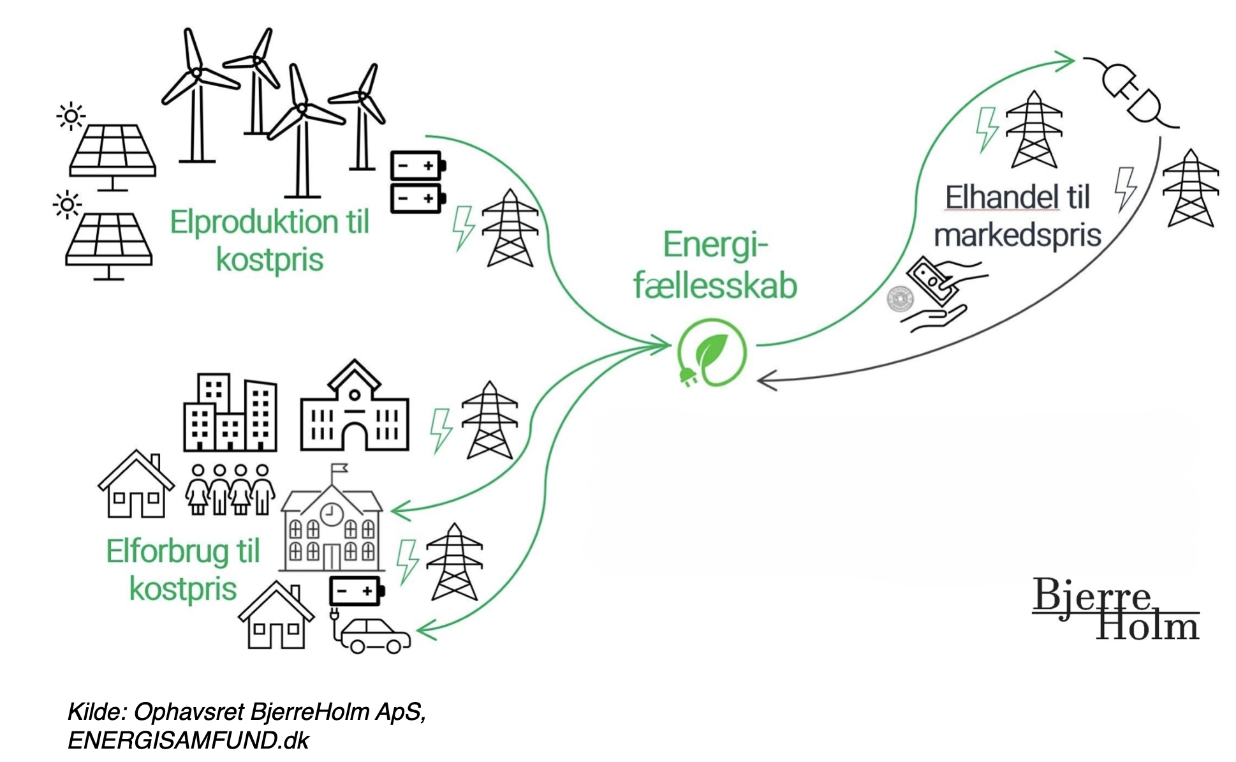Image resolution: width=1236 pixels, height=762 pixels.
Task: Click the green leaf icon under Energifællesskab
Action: click(x=712, y=353)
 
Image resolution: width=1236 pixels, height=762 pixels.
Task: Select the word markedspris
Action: click(x=1017, y=234)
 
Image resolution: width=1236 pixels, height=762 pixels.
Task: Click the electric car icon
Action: click(x=374, y=635)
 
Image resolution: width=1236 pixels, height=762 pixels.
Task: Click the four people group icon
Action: click(x=230, y=489)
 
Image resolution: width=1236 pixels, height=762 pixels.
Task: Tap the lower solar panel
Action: click(x=109, y=241)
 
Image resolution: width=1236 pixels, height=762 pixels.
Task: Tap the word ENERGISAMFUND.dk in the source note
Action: click(x=188, y=740)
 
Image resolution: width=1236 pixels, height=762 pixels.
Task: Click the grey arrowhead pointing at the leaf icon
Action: click(x=766, y=382)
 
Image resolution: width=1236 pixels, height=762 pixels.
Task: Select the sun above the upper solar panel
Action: click(x=71, y=116)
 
